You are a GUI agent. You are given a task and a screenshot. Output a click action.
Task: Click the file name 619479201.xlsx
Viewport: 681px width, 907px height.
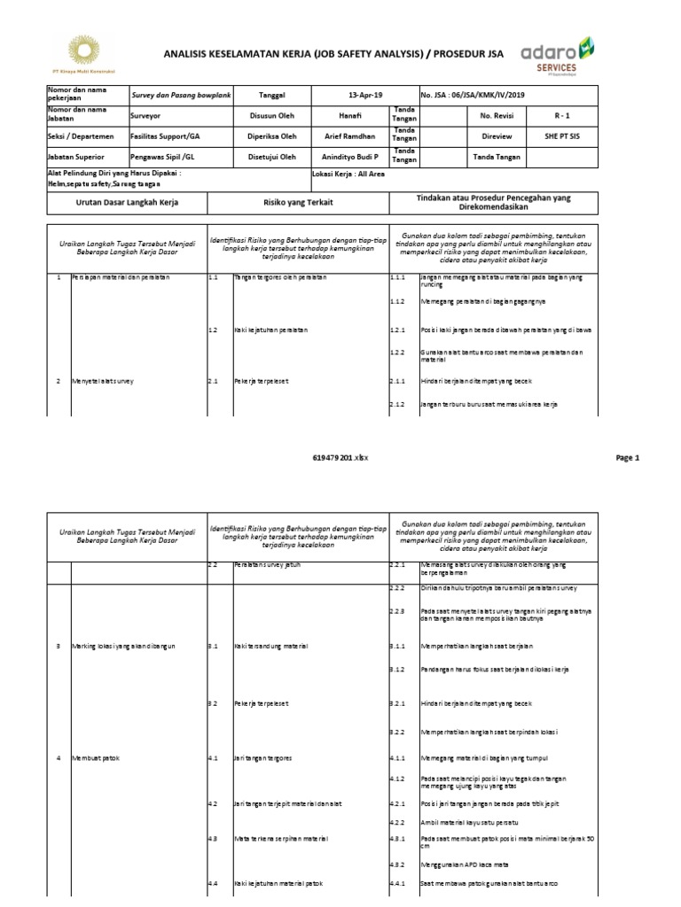[x=340, y=458]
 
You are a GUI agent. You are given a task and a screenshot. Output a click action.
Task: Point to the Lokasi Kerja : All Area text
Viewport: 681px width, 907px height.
[x=348, y=174]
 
